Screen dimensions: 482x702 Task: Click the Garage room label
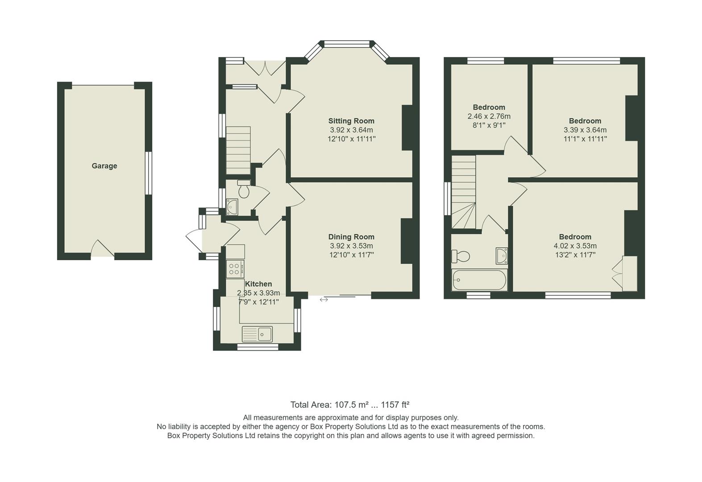(x=104, y=166)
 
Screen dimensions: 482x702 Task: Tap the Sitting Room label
(x=351, y=121)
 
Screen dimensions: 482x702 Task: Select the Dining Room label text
(x=351, y=237)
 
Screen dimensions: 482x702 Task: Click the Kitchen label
(x=258, y=284)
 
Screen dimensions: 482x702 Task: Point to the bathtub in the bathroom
(x=479, y=280)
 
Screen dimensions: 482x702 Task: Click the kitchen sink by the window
(x=258, y=333)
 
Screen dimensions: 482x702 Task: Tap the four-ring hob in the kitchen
(x=235, y=269)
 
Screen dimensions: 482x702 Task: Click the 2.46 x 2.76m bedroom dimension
(x=489, y=116)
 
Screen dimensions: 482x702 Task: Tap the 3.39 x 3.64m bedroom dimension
(x=585, y=130)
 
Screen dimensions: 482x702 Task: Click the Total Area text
(x=350, y=405)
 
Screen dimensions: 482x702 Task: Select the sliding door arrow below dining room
(x=324, y=300)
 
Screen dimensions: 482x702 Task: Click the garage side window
(x=149, y=173)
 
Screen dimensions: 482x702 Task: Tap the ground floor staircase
(x=238, y=150)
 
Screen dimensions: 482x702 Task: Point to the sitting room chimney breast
(x=407, y=128)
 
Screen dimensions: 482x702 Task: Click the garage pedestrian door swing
(x=102, y=249)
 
